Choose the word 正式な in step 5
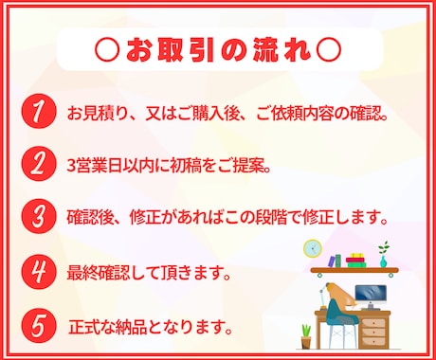point(93,330)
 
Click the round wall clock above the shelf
point(312,248)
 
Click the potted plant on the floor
point(305,334)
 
